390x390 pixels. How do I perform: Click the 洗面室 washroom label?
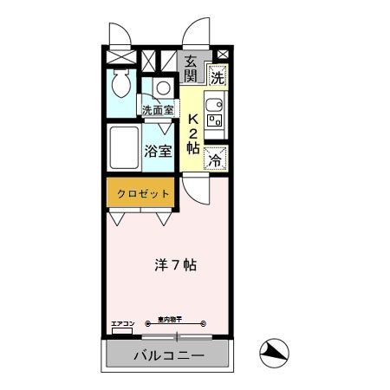159,111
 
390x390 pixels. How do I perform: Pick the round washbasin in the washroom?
162,88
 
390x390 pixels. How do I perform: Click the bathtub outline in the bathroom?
123,150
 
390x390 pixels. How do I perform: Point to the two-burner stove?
217,121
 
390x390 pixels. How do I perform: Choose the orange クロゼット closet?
139,193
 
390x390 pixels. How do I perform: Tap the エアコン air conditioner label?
122,323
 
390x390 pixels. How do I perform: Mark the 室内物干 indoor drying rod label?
176,319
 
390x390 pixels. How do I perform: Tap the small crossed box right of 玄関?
222,55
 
